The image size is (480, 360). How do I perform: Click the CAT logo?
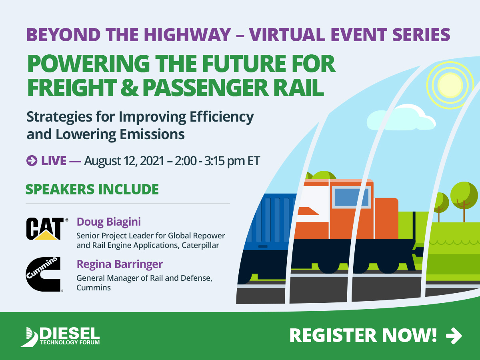pos(47,229)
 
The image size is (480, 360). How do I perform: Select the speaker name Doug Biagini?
pos(109,222)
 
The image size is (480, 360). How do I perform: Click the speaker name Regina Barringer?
pos(120,264)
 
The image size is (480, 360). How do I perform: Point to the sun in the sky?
pos(450,85)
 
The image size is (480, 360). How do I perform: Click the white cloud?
pos(401,118)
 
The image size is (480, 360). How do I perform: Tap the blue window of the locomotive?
pos(352,197)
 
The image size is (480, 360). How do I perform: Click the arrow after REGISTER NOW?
pos(454,336)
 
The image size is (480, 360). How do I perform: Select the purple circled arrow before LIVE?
pos(32,161)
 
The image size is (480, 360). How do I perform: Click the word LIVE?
pos(54,161)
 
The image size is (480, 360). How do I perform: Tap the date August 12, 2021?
pos(124,161)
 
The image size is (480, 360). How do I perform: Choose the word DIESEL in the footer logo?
pos(70,334)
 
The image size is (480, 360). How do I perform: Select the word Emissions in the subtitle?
pos(152,134)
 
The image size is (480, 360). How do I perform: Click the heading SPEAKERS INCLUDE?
pos(92,189)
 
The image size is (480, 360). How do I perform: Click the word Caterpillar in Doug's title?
pos(200,246)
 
